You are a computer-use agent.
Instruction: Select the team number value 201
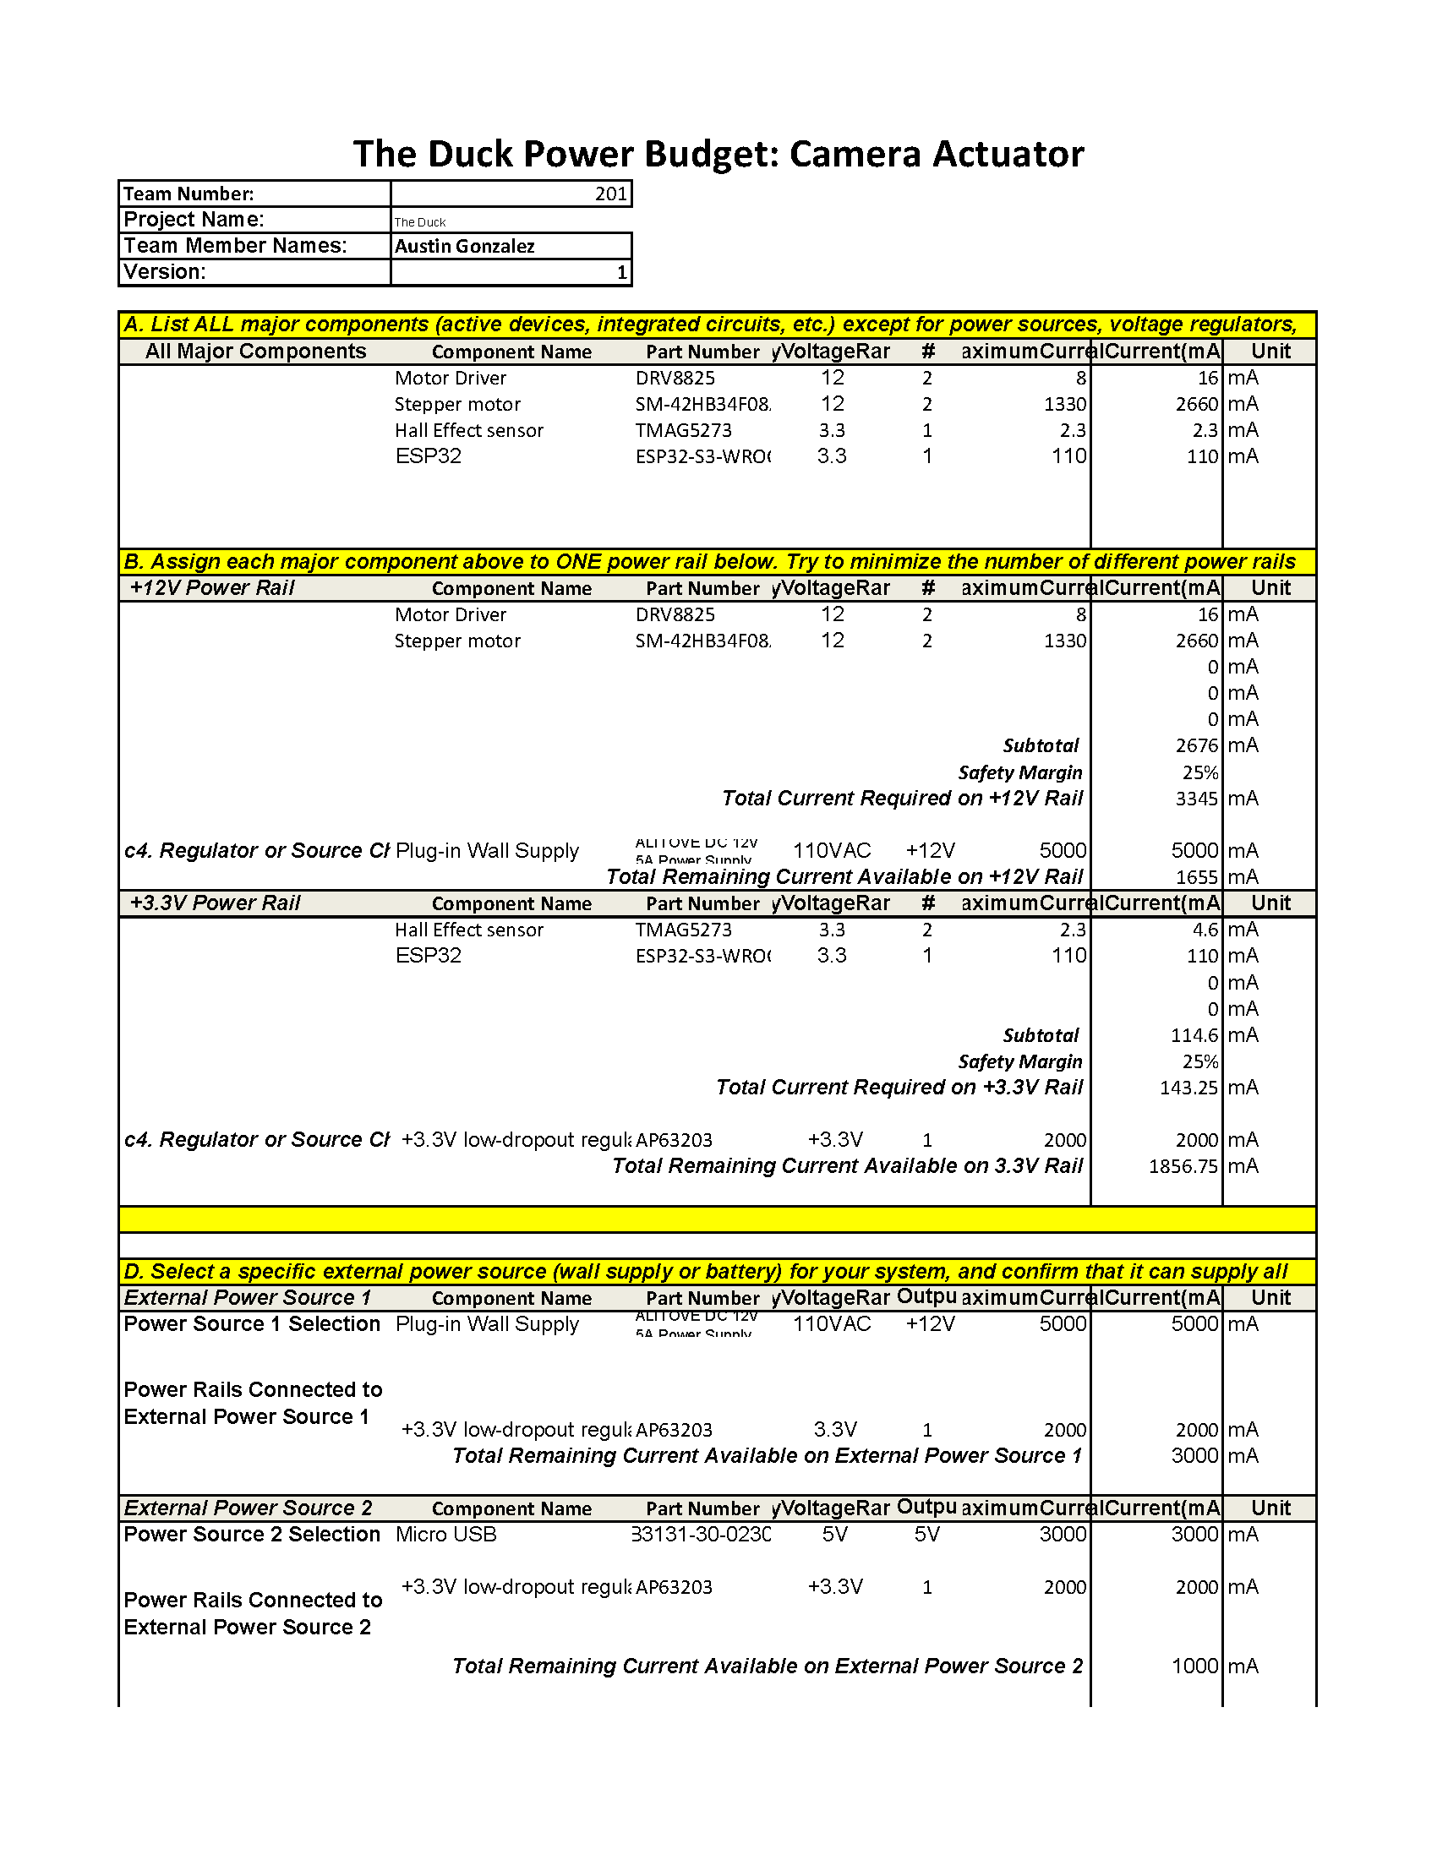click(611, 194)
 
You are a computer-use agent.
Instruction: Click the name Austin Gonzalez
click(465, 246)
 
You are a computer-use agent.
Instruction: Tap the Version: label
click(164, 272)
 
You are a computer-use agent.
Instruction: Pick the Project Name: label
click(194, 220)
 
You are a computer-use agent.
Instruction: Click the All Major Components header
click(255, 352)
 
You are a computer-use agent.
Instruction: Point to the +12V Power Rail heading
click(212, 587)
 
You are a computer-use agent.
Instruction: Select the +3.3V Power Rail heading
click(215, 903)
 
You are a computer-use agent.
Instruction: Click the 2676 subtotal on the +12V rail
click(1197, 746)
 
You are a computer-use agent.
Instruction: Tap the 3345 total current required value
click(1197, 799)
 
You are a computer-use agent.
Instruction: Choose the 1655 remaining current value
click(1197, 877)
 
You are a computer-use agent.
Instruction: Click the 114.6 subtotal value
click(1194, 1035)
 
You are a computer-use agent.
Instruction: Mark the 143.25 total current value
click(1189, 1088)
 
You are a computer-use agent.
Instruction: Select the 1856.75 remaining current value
click(1184, 1166)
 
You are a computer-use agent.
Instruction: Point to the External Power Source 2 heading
click(248, 1508)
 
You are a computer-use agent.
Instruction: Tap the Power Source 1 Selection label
click(252, 1324)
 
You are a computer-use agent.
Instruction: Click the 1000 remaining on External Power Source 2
click(1194, 1666)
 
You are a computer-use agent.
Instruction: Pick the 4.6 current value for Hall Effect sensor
click(1205, 930)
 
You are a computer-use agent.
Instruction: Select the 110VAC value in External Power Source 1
click(832, 1324)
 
